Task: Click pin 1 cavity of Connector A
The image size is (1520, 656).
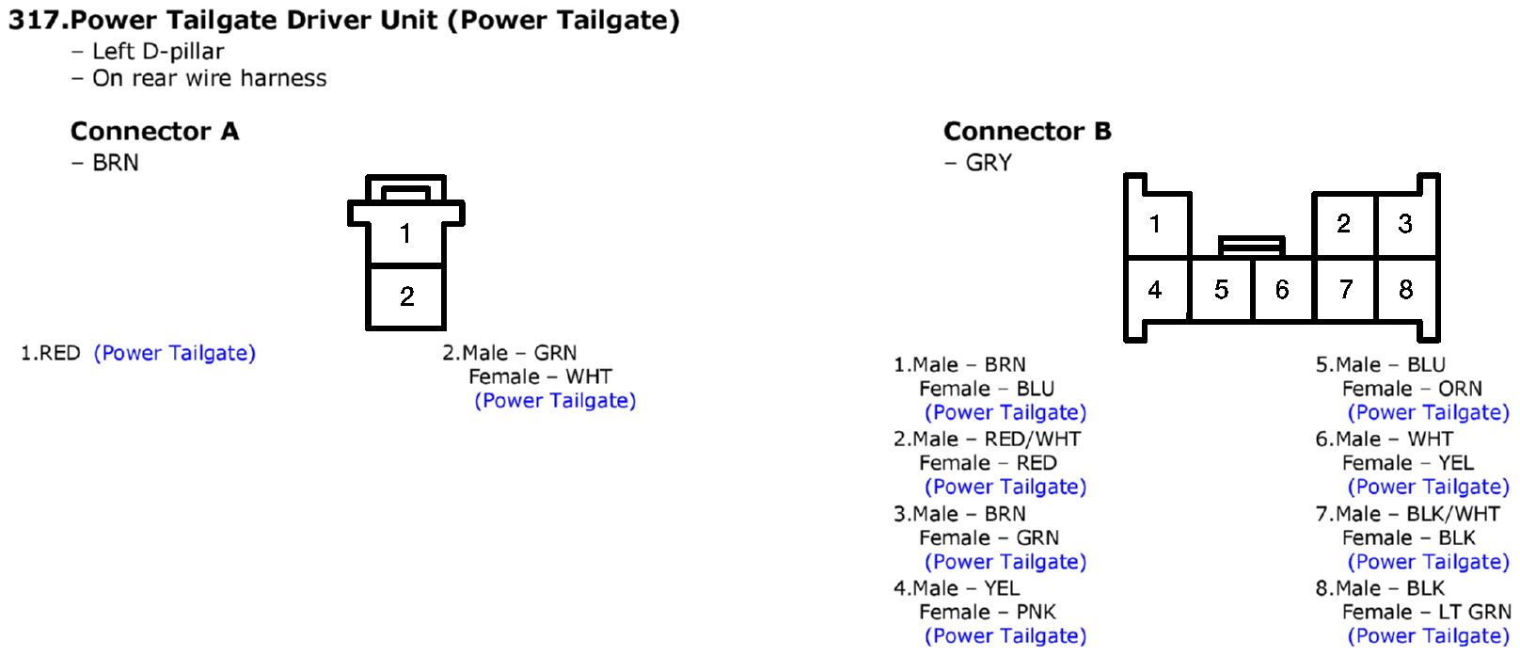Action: (x=405, y=233)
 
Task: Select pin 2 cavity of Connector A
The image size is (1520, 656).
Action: (x=405, y=296)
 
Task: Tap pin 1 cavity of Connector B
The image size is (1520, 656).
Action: (x=1156, y=224)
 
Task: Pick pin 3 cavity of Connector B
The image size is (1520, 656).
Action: (x=1405, y=224)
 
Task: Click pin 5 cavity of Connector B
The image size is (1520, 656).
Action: (x=1222, y=290)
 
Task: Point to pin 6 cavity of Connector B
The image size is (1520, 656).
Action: (x=1282, y=290)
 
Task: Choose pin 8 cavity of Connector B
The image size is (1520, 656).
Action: (x=1405, y=290)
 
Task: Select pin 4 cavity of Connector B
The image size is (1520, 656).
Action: (x=1156, y=290)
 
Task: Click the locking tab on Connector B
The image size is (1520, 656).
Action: (x=1251, y=245)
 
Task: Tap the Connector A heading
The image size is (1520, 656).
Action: (x=154, y=131)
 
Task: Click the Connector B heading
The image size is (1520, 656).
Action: (x=1027, y=131)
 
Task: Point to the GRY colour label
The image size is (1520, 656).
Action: (x=989, y=163)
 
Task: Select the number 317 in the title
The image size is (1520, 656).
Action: (x=35, y=21)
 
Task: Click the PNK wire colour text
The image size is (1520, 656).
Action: (x=1037, y=613)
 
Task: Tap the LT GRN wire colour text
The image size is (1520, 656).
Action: (x=1475, y=613)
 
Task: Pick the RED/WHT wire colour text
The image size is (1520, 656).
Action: (x=1033, y=440)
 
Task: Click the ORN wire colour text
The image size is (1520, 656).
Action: (x=1461, y=389)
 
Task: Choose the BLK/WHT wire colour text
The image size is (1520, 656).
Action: (x=1453, y=514)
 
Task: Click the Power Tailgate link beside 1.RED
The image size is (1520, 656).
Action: (x=174, y=354)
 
